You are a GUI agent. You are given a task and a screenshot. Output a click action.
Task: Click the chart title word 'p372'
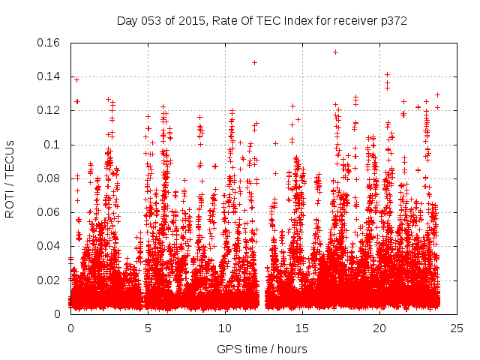(x=391, y=21)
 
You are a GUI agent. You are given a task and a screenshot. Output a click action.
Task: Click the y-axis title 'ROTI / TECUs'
(x=10, y=178)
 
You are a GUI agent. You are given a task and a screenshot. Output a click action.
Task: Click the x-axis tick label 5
(x=148, y=328)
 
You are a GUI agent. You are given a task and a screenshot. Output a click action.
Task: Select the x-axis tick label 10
(x=225, y=328)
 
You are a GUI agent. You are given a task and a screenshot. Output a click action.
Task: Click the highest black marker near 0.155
(x=335, y=52)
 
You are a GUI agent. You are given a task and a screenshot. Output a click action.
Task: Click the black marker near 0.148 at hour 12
(x=255, y=62)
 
